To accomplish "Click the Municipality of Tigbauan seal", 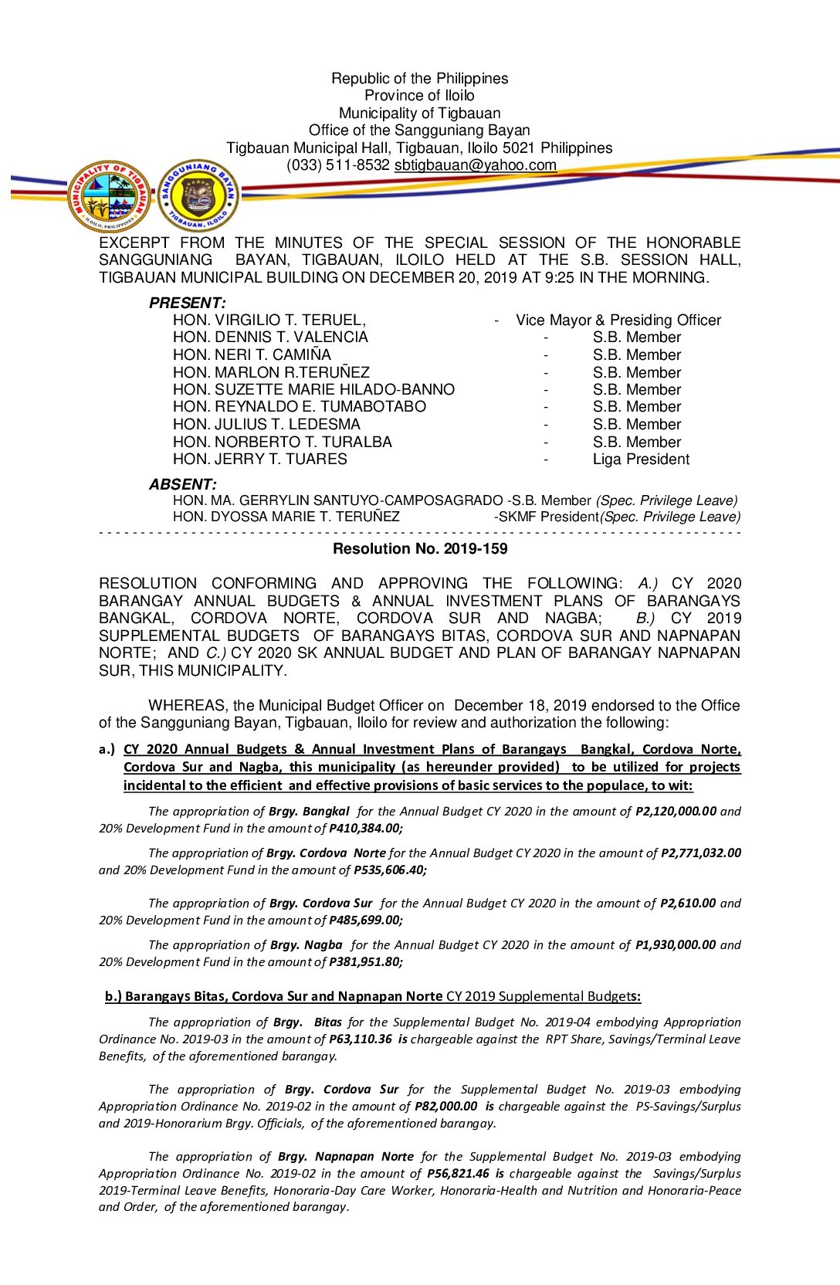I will (110, 196).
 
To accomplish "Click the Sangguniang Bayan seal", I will (198, 195).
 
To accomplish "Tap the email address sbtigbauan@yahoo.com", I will (475, 164).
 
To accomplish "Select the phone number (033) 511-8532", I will (337, 164).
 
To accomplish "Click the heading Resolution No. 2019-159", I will (420, 549).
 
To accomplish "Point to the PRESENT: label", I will (187, 303).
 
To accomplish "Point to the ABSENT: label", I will (182, 484).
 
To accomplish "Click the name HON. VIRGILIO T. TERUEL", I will (269, 320).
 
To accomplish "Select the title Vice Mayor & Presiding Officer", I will (618, 320).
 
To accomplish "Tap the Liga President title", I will (641, 459).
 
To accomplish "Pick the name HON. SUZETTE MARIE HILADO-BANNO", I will (313, 390).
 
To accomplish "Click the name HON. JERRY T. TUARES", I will (259, 459).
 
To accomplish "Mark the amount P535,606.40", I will (389, 870).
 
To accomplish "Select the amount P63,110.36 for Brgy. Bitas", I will (360, 1039).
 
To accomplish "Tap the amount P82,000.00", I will (445, 1107).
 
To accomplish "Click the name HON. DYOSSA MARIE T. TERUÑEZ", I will (286, 517).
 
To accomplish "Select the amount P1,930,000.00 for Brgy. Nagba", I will (676, 945).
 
